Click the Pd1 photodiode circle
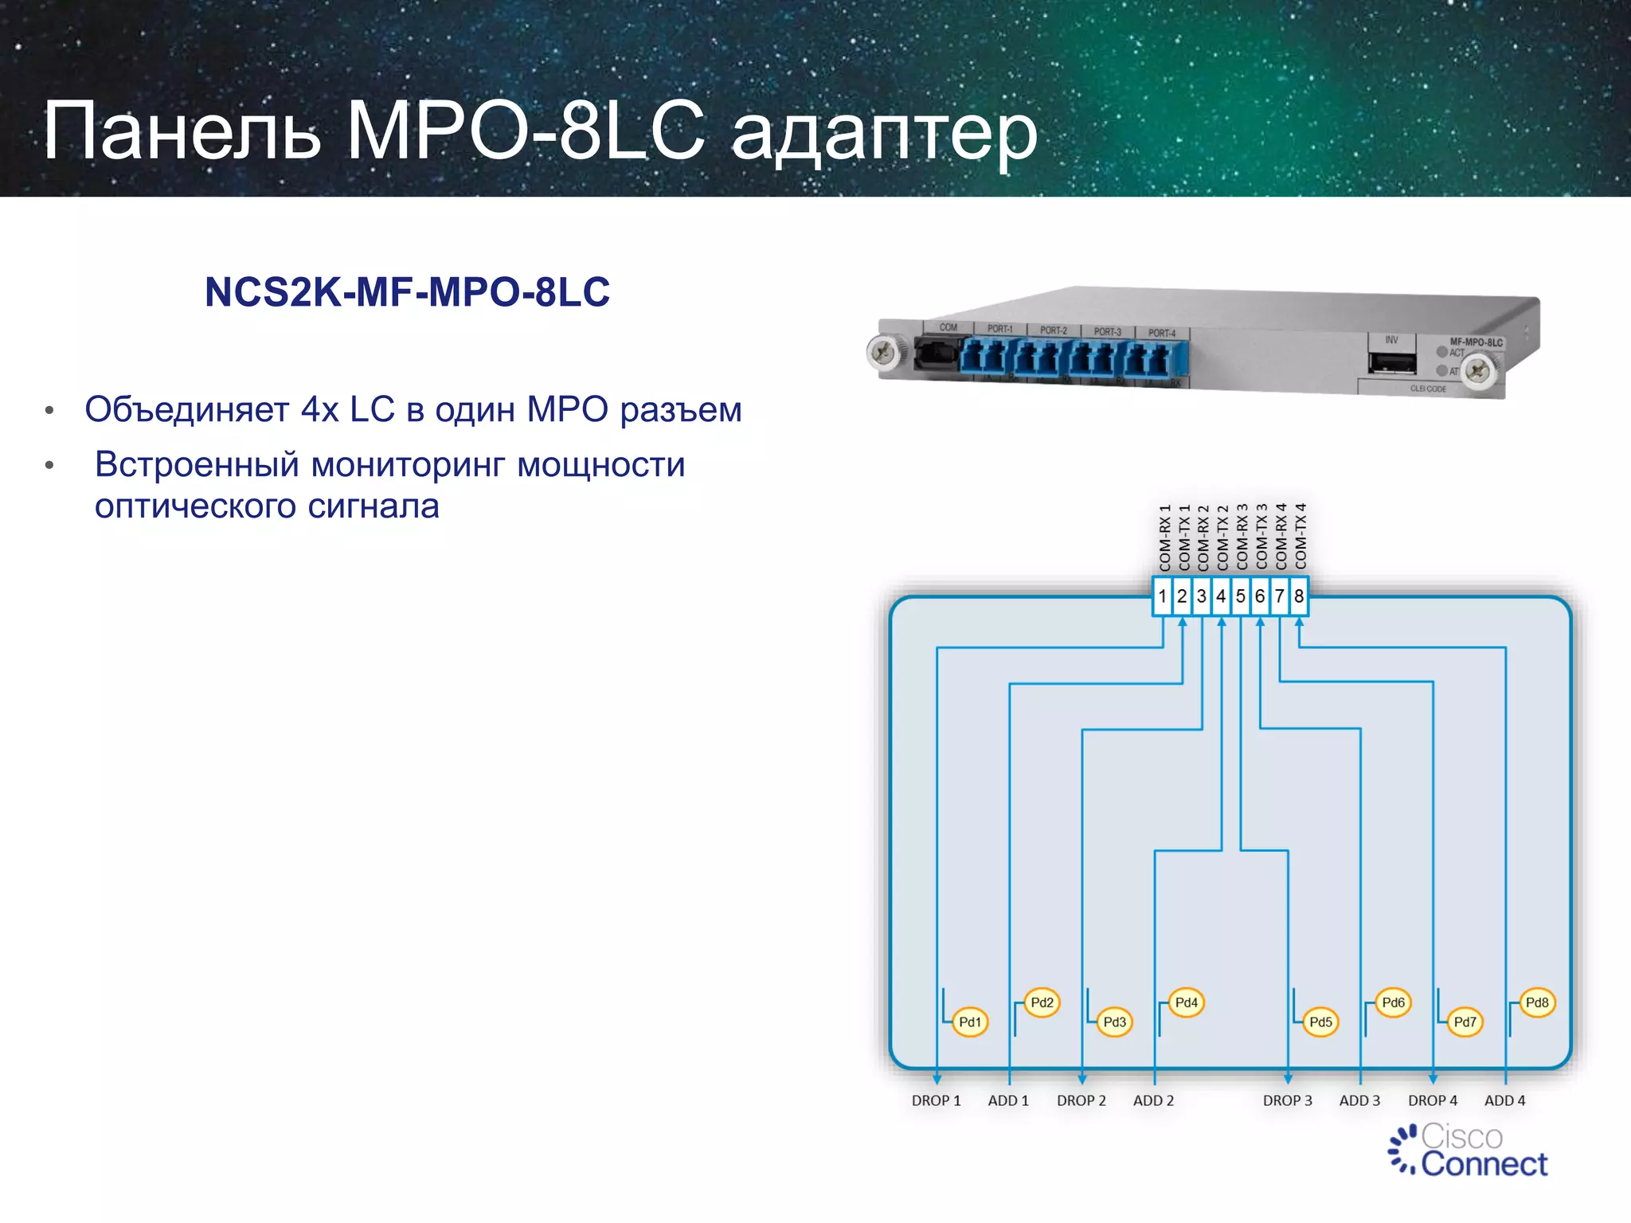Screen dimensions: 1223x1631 970,1022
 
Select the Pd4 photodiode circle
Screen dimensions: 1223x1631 1186,1002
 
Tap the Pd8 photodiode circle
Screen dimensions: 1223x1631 1537,1002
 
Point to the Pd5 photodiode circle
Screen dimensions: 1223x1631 1320,1022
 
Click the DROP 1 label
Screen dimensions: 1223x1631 936,1100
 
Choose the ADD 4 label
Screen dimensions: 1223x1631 1504,1100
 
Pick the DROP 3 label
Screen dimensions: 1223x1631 1287,1100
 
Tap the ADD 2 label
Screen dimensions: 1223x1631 1153,1100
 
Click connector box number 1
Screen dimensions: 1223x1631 1163,596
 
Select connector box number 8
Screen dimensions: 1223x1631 1299,596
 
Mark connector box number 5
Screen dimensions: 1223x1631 1240,596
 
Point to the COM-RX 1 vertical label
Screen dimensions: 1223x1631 1164,537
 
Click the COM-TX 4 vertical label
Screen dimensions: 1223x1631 1300,537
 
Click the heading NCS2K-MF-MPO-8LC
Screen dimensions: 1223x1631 407,292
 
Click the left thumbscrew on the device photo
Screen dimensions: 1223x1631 883,352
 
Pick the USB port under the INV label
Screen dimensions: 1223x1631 1392,363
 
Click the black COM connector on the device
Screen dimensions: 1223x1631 936,354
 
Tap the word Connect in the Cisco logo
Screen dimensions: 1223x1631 1484,1164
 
